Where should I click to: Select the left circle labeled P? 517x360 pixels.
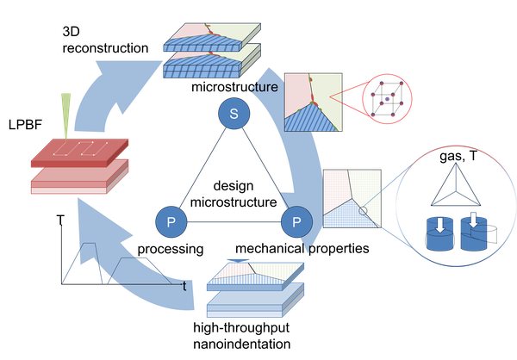click(x=171, y=222)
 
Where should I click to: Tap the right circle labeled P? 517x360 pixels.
click(x=296, y=222)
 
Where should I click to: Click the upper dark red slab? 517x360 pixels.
click(x=79, y=153)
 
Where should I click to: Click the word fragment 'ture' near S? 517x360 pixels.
click(x=268, y=88)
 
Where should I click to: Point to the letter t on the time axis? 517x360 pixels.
click(x=186, y=282)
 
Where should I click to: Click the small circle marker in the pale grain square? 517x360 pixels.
click(x=363, y=211)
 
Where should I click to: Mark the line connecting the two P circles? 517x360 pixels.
click(x=233, y=222)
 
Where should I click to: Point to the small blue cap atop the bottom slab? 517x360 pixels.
click(x=237, y=259)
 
